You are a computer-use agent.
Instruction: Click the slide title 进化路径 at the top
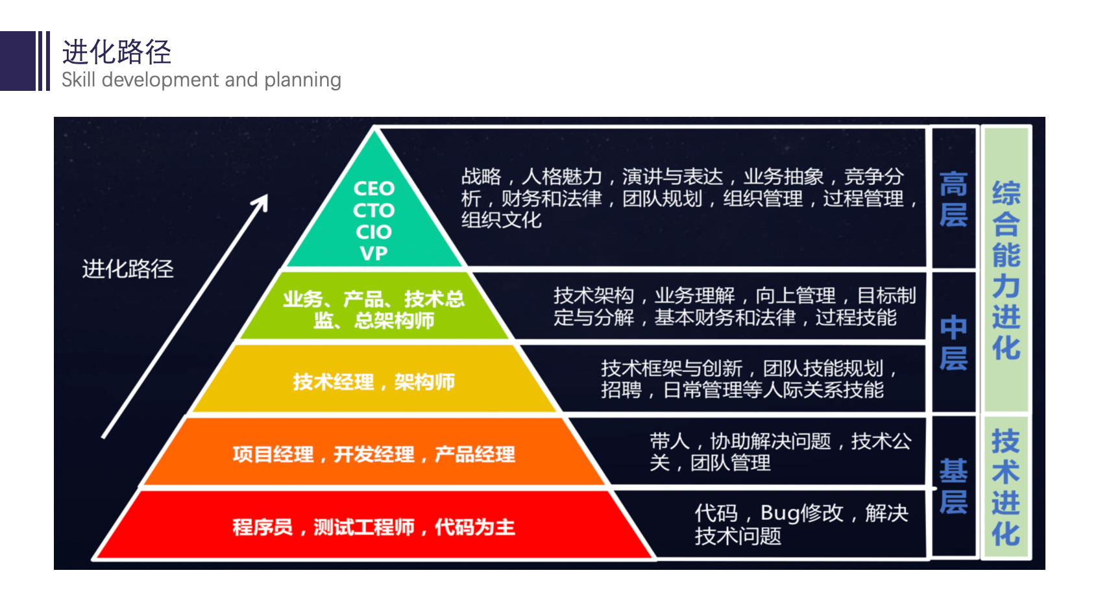click(117, 52)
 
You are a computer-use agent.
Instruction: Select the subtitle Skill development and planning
click(201, 80)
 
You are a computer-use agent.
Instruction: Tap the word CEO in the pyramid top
click(374, 189)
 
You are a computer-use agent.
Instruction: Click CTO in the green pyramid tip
click(374, 210)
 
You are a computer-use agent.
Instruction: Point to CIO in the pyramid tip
click(374, 232)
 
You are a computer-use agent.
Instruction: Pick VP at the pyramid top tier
click(374, 253)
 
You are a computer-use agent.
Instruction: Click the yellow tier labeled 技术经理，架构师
click(374, 382)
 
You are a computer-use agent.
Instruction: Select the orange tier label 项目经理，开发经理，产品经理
click(374, 454)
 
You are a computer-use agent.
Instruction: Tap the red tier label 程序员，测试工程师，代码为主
click(374, 527)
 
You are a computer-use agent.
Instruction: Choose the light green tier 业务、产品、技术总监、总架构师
click(374, 310)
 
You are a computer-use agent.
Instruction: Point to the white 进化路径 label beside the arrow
click(128, 269)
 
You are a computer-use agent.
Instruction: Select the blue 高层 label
click(953, 199)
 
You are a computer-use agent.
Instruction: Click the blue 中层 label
click(953, 343)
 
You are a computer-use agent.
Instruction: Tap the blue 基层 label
click(953, 486)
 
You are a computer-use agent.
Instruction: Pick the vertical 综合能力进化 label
click(1006, 271)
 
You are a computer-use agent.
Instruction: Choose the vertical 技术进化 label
click(1006, 487)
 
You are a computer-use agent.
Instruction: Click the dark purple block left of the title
click(18, 61)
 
